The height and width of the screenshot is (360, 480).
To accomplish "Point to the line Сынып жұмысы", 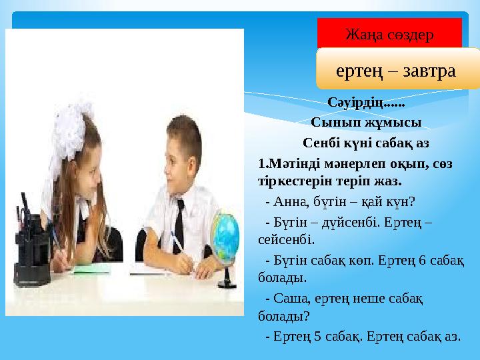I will click(365, 123).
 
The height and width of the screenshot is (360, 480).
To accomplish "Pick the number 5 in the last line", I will click(319, 336).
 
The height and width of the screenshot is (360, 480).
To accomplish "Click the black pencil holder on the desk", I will click(30, 253).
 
